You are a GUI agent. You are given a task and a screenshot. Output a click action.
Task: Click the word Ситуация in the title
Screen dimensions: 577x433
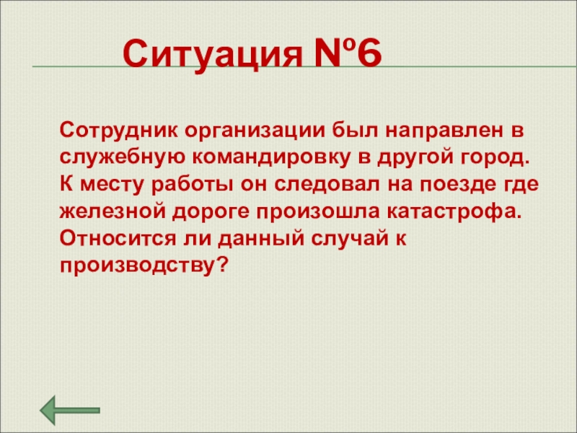point(212,56)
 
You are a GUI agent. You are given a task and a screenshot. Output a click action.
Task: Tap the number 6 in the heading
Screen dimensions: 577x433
point(369,53)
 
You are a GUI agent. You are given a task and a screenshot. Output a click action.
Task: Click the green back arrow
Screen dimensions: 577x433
point(70,410)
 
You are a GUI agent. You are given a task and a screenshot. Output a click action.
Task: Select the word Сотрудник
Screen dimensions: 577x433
point(118,130)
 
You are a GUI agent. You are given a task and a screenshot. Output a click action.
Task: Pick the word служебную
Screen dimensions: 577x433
point(122,158)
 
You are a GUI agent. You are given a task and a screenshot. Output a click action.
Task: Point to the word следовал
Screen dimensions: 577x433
point(327,185)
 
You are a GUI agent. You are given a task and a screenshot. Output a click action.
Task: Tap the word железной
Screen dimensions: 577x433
point(112,211)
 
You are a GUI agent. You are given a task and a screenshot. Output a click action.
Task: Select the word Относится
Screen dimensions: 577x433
point(118,239)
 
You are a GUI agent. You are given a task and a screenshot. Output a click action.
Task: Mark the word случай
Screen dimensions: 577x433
point(350,239)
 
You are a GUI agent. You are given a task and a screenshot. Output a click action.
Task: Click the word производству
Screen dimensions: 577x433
point(136,266)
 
